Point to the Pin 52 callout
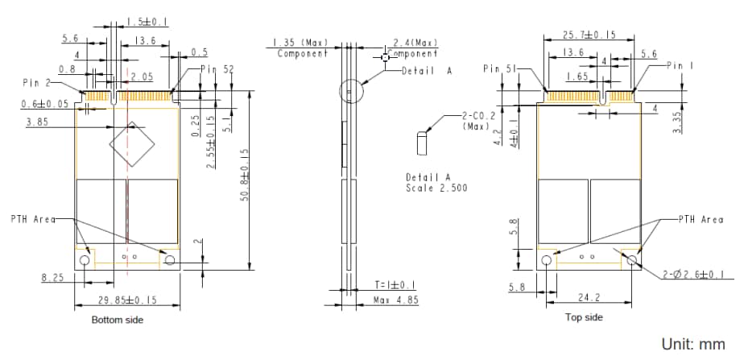[217, 70]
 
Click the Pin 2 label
[37, 82]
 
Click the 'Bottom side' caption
[118, 320]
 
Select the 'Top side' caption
[584, 317]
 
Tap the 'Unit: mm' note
[693, 344]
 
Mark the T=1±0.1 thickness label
[395, 285]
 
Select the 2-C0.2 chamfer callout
[477, 121]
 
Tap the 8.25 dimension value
[53, 278]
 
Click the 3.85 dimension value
[38, 122]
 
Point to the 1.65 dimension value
[577, 77]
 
